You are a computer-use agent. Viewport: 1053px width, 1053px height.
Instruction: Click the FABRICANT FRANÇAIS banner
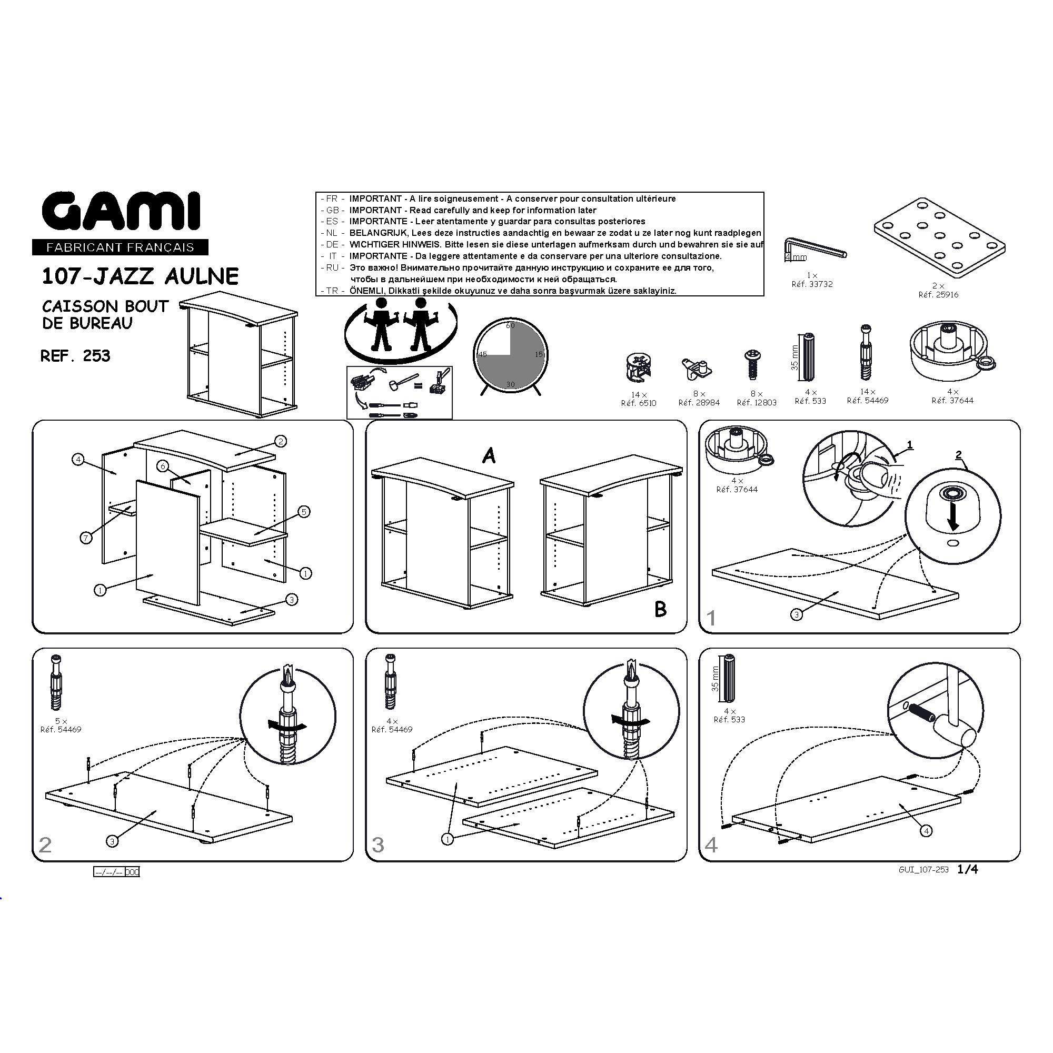[x=121, y=247]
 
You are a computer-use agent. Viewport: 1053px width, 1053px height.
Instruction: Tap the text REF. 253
[x=76, y=356]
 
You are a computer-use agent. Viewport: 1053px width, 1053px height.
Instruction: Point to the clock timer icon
[x=510, y=357]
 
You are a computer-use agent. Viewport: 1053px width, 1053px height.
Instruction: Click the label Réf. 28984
[x=699, y=403]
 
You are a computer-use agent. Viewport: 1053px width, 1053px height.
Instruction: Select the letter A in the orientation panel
[x=489, y=455]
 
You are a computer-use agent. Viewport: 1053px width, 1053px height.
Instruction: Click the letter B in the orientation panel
[x=660, y=609]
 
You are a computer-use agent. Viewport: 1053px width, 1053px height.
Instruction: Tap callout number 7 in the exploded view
[x=86, y=539]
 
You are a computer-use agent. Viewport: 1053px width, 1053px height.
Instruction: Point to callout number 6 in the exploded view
[x=162, y=465]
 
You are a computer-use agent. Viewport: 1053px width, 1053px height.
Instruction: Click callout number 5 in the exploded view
[x=304, y=511]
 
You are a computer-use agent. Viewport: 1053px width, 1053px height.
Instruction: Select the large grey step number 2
[x=45, y=845]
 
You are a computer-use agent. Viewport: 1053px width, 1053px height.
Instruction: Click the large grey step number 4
[x=711, y=845]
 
